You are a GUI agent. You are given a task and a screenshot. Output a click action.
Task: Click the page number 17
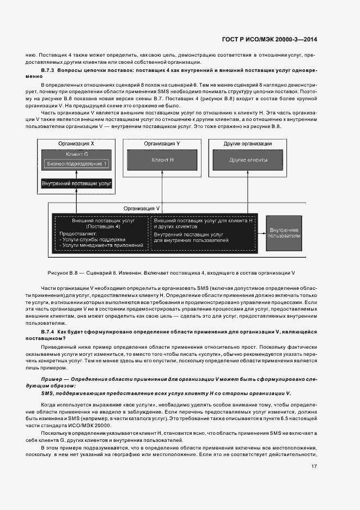pos(314,466)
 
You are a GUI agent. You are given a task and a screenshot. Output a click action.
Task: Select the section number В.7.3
pos(49,71)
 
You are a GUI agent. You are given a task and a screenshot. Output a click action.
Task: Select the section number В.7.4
pos(49,331)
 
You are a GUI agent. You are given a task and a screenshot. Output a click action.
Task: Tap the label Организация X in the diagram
pos(76,143)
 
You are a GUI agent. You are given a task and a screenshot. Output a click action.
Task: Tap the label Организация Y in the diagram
pos(162,143)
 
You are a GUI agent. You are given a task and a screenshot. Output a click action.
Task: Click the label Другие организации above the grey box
pos(248,143)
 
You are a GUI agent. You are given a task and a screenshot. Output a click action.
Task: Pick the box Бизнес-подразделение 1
pos(77,163)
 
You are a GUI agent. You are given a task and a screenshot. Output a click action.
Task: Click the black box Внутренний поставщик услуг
pos(77,184)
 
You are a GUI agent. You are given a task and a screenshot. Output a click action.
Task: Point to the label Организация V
pos(142,208)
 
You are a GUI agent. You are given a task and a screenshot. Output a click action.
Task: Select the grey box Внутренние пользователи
pos(284,233)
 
